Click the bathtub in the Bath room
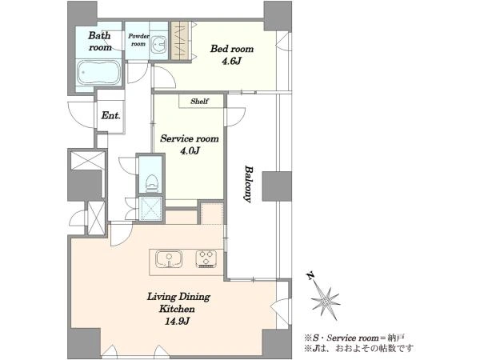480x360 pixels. click(x=99, y=73)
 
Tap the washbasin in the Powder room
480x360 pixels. click(x=158, y=45)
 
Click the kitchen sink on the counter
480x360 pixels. click(x=169, y=259)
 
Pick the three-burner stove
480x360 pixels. click(x=206, y=259)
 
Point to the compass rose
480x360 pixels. click(x=326, y=302)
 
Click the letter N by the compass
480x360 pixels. click(x=310, y=276)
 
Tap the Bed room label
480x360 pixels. click(x=232, y=49)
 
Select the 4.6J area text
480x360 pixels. click(x=232, y=62)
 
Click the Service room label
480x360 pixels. click(x=190, y=138)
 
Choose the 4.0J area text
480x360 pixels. click(x=190, y=150)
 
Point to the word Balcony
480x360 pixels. click(x=249, y=184)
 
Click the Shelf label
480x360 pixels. click(x=199, y=102)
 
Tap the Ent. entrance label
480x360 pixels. click(x=111, y=116)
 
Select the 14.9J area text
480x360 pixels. click(x=178, y=321)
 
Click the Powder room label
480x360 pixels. click(x=138, y=40)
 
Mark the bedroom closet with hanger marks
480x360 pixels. click(x=181, y=41)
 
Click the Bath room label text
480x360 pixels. click(x=99, y=42)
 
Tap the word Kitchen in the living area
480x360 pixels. click(x=177, y=309)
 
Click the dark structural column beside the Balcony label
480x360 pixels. click(x=277, y=186)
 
